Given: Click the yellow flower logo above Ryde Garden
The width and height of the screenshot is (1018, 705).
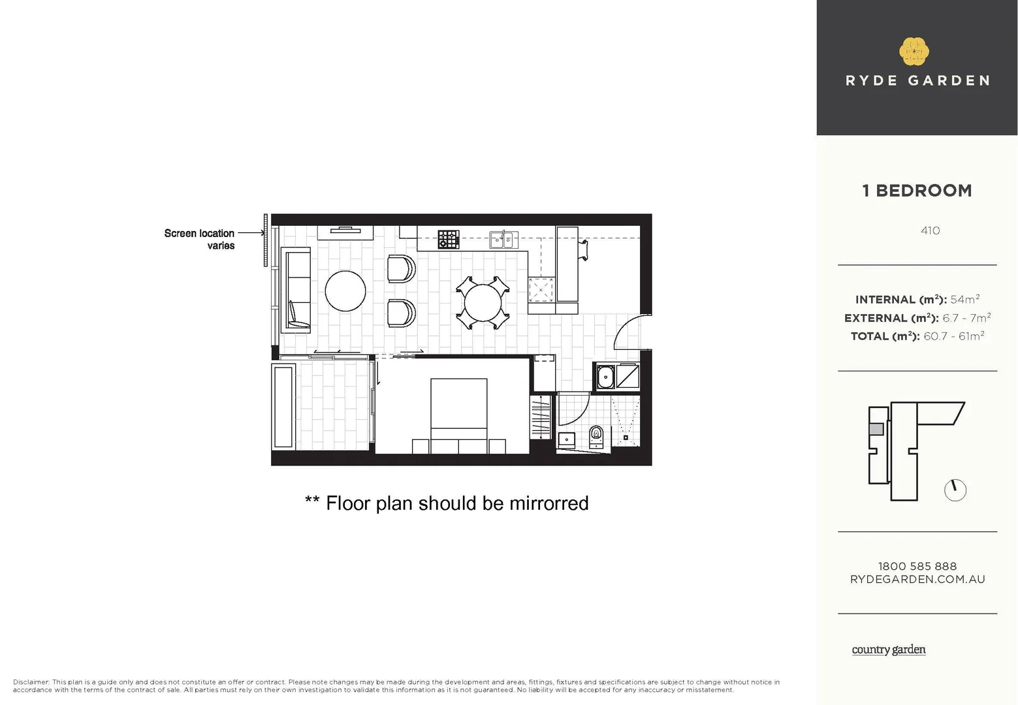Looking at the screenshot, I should [x=914, y=52].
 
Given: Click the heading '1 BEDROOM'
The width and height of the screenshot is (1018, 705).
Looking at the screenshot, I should [x=917, y=191].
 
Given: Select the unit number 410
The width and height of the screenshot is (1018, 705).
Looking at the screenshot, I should [x=930, y=230].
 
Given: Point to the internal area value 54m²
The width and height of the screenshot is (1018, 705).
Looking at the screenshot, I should [x=964, y=300].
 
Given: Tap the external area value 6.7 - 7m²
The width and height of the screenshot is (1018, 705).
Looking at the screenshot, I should [x=966, y=318].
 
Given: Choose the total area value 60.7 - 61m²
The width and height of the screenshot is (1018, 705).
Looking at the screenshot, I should [x=953, y=336].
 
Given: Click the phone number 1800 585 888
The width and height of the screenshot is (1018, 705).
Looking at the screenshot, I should [x=917, y=566].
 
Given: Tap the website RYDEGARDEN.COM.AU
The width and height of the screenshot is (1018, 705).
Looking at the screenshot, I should [x=917, y=579].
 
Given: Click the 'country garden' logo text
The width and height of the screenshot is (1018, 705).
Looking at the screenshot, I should [x=888, y=650].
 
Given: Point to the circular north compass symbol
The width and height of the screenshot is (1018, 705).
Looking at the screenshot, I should [x=955, y=490].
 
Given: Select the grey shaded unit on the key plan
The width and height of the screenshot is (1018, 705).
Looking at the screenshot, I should [x=876, y=429].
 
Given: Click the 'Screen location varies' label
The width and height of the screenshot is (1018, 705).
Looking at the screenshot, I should [x=199, y=239].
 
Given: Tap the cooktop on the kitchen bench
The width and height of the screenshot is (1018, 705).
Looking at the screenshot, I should [x=448, y=239].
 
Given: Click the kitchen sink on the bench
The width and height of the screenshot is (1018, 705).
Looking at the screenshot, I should [x=503, y=240].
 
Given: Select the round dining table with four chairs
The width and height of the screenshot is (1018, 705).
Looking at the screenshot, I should [x=483, y=303].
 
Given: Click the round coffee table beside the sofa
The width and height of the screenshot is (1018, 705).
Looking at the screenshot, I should [x=345, y=290].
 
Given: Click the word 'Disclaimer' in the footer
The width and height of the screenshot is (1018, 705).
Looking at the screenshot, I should [x=31, y=682].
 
